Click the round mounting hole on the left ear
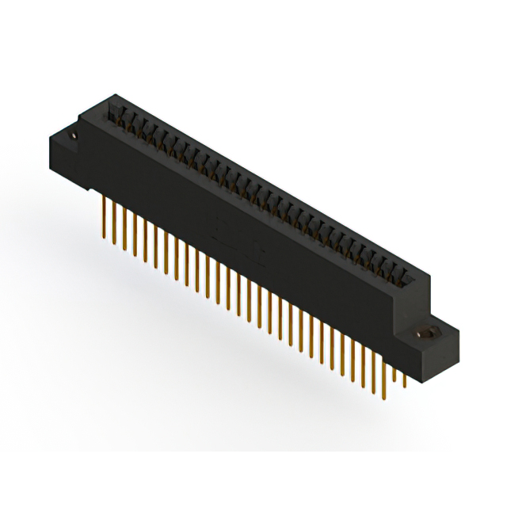[x=74, y=136]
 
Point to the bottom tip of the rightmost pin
[x=405, y=387]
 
